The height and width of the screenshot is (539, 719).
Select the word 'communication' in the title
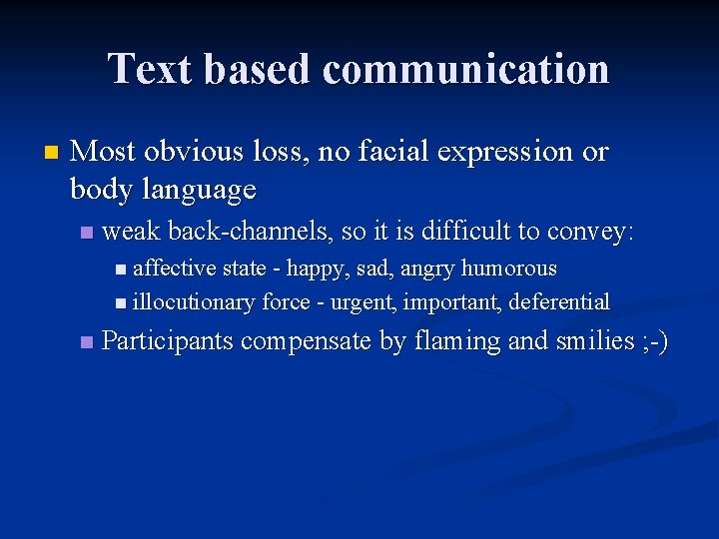(x=466, y=69)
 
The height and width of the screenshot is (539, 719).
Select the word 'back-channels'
(x=251, y=232)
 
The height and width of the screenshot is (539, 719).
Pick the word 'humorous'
(x=509, y=269)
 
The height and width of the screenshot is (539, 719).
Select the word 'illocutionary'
(x=194, y=302)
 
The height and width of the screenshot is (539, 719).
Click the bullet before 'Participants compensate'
(x=86, y=342)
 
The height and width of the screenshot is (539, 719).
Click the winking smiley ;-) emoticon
(x=653, y=341)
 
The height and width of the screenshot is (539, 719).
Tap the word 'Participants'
(x=167, y=341)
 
